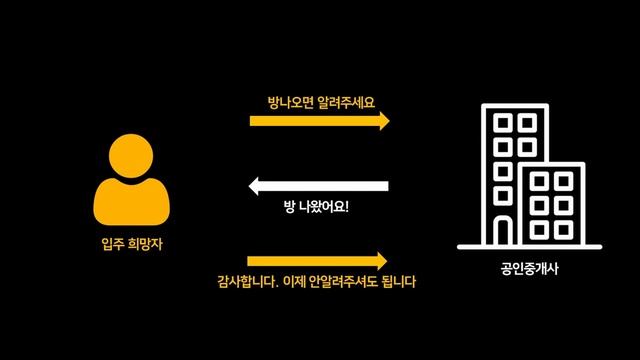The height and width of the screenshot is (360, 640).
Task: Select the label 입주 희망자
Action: pos(130,242)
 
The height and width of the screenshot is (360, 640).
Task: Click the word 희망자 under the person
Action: pos(141,242)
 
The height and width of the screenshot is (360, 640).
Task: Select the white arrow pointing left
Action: pos(318,185)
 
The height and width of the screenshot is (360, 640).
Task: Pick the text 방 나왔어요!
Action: pos(317,209)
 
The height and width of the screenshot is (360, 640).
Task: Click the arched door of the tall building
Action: pos(503,231)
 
